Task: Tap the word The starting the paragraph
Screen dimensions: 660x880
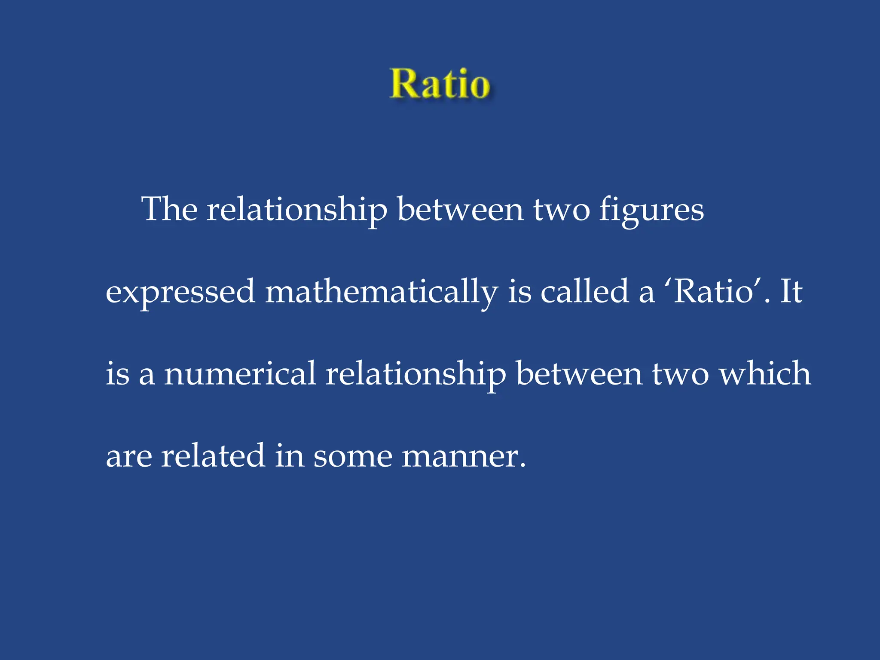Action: (169, 209)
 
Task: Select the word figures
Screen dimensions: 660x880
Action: (651, 211)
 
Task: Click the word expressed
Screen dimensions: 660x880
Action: (180, 292)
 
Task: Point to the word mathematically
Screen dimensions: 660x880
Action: (382, 292)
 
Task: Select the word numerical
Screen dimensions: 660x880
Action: (240, 373)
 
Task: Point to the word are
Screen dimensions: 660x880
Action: (128, 456)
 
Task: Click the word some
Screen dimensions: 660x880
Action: (353, 456)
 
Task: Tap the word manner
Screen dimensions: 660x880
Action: (463, 456)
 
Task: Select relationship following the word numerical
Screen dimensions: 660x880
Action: (416, 374)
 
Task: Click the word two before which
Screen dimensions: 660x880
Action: (680, 374)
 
